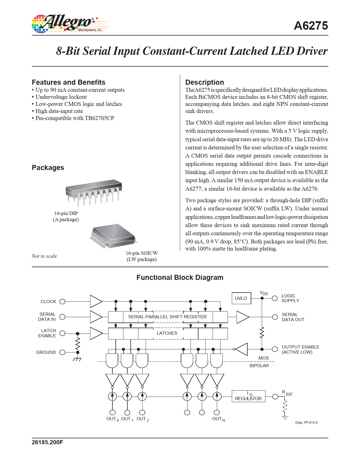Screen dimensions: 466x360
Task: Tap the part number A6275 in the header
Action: pyautogui.click(x=311, y=26)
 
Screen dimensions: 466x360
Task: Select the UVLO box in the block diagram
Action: pyautogui.click(x=241, y=298)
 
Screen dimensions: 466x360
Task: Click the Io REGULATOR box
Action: pyautogui.click(x=248, y=396)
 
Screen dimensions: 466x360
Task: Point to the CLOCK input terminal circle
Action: pyautogui.click(x=63, y=302)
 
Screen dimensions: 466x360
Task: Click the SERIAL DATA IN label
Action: pyautogui.click(x=47, y=317)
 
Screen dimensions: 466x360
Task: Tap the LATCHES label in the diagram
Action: pyautogui.click(x=167, y=333)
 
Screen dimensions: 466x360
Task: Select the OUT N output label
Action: pyautogui.click(x=218, y=419)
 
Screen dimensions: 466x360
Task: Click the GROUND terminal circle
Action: pyautogui.click(x=63, y=352)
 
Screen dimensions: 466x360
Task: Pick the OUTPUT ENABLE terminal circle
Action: pyautogui.click(x=275, y=349)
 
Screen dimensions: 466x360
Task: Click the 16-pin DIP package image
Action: pyautogui.click(x=93, y=192)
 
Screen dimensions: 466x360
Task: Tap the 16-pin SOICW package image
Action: pyautogui.click(x=114, y=236)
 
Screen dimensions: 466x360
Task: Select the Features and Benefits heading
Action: pyautogui.click(x=69, y=82)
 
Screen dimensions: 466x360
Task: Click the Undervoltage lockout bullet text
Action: pyautogui.click(x=61, y=97)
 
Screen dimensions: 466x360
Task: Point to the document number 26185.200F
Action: pyautogui.click(x=47, y=442)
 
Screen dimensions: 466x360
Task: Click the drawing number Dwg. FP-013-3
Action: pyautogui.click(x=306, y=423)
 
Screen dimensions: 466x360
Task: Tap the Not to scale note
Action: pyautogui.click(x=44, y=256)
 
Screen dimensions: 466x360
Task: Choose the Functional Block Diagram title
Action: pyautogui.click(x=180, y=278)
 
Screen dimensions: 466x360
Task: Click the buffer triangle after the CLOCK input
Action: pyautogui.click(x=95, y=302)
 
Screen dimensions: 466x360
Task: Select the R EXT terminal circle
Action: pyautogui.click(x=275, y=397)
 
